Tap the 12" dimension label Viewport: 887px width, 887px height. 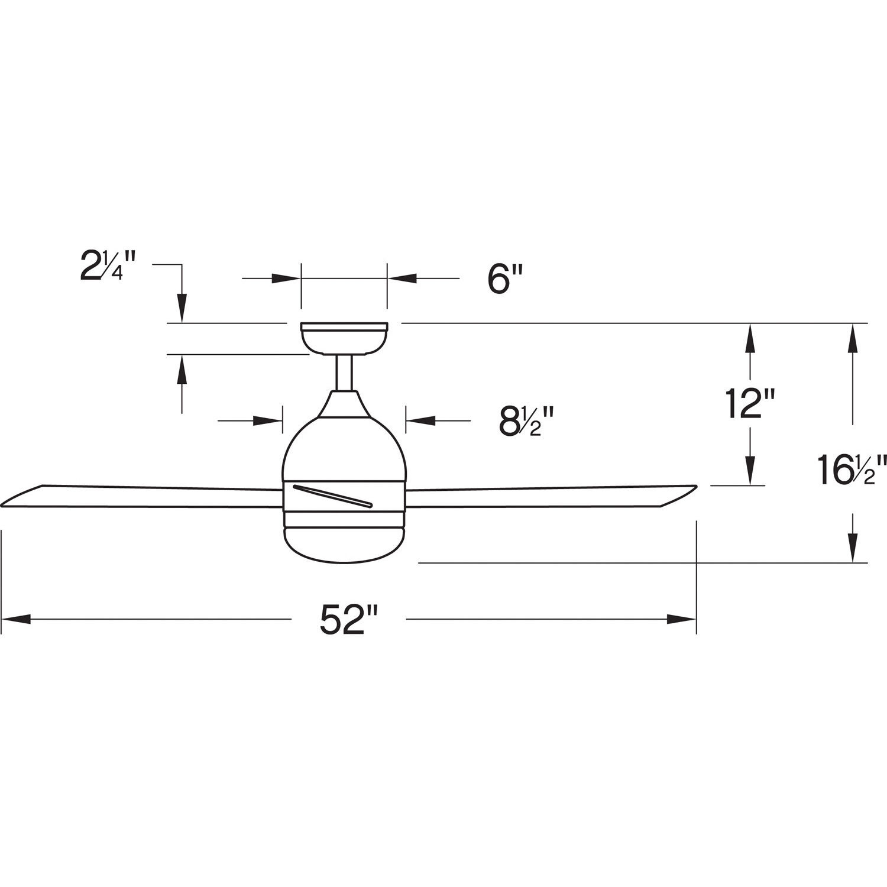pyautogui.click(x=750, y=404)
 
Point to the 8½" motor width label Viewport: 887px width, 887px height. pyautogui.click(x=524, y=420)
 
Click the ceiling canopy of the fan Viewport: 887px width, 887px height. pyautogui.click(x=344, y=338)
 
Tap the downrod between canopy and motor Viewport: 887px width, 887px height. pyautogui.click(x=344, y=373)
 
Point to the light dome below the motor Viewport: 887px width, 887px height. pyautogui.click(x=344, y=542)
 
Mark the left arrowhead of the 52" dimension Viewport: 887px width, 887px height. pyautogui.click(x=15, y=619)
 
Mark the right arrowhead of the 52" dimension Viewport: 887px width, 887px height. pyautogui.click(x=682, y=619)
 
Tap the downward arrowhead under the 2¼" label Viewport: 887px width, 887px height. pyautogui.click(x=182, y=309)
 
